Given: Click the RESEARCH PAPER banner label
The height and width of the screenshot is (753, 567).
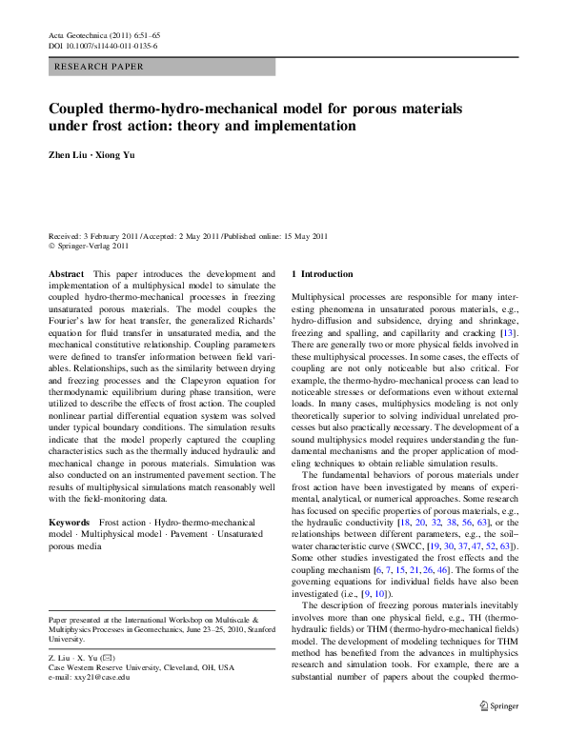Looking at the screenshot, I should click(100, 67).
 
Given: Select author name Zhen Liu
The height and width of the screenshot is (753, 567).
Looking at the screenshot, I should click(69, 155).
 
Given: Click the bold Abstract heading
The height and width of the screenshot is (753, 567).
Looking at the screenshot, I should click(66, 274).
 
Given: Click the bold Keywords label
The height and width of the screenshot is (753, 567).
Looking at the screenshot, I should click(70, 524).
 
